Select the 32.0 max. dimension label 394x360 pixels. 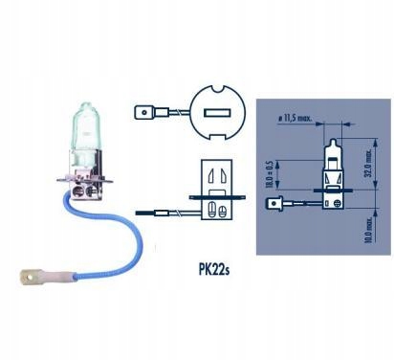(x=366, y=152)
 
